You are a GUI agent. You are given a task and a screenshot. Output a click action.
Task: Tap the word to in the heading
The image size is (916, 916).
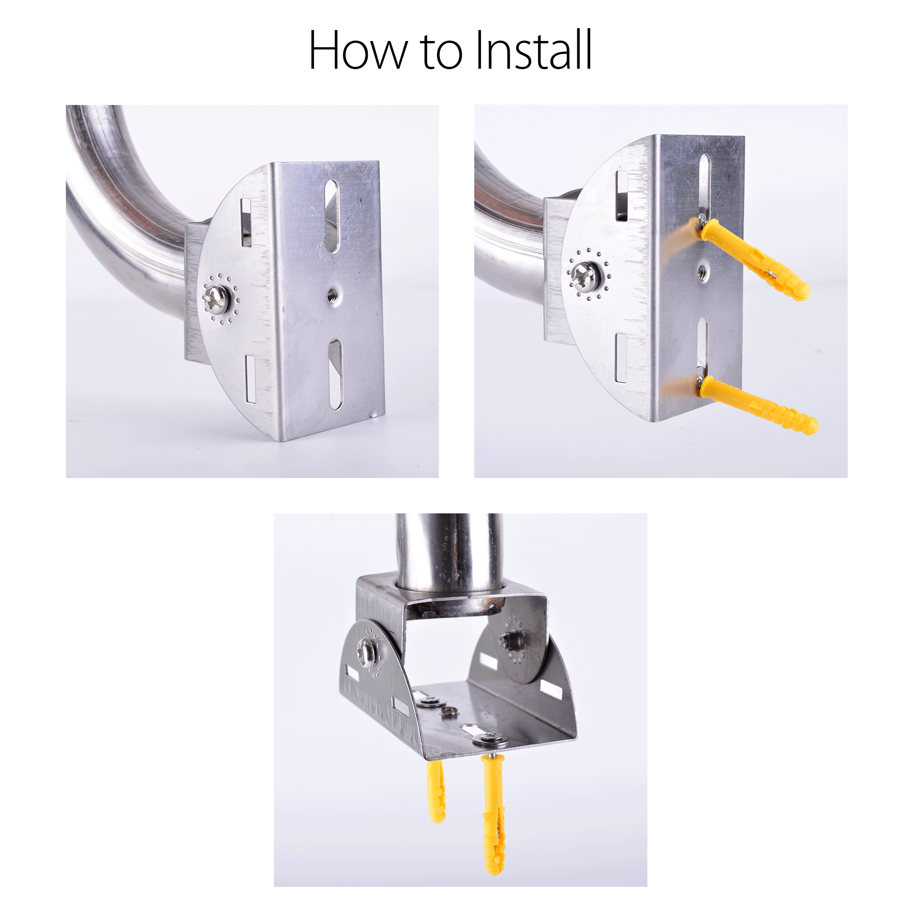click(442, 52)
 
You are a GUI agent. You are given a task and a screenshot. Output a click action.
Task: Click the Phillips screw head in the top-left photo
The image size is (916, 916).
click(217, 300)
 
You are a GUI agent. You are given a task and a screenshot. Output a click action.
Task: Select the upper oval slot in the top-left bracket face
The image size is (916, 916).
click(332, 216)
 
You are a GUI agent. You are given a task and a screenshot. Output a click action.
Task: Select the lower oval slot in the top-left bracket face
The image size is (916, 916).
click(335, 374)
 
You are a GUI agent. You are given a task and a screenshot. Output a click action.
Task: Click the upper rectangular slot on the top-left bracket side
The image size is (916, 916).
click(246, 222)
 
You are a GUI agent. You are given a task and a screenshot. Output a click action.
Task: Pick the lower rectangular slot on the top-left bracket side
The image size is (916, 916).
click(250, 378)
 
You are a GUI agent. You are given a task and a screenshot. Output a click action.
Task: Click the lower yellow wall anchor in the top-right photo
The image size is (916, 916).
click(759, 406)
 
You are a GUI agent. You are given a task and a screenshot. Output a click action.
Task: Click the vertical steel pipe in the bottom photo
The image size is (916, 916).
click(448, 549)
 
